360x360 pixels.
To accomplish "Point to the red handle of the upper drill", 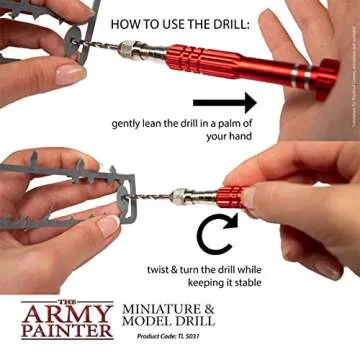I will click(240, 64).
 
